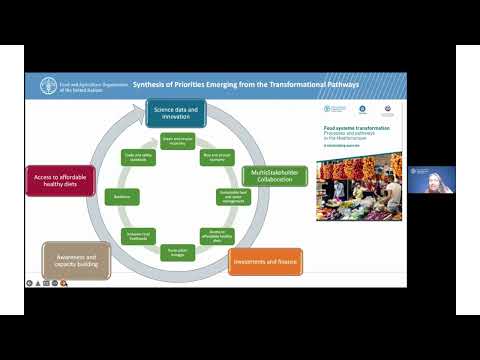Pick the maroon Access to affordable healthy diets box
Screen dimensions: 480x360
point(62,183)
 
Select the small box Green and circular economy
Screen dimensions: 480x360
point(176,142)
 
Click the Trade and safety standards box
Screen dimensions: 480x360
point(138,157)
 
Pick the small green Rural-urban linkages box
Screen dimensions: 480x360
point(176,254)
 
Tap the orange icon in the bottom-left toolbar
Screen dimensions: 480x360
point(62,284)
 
